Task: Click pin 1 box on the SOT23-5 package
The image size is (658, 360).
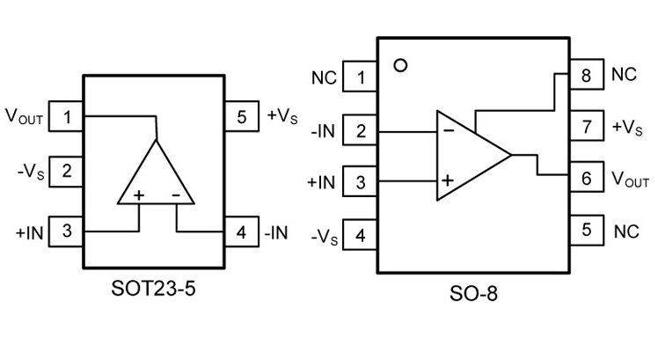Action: (67, 116)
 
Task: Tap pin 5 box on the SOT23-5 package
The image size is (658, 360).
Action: (242, 116)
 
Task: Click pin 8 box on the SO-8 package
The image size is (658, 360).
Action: (586, 76)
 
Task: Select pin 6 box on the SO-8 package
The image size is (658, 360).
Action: (586, 180)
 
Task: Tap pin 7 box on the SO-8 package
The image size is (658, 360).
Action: (586, 127)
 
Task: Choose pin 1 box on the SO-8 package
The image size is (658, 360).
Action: (361, 78)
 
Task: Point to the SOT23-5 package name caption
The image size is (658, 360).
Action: (153, 288)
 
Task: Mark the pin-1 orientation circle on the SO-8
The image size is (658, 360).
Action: (402, 65)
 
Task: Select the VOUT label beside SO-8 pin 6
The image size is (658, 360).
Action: (630, 180)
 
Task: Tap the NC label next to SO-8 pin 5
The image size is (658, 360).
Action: (625, 232)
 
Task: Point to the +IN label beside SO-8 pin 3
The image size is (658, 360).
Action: (321, 183)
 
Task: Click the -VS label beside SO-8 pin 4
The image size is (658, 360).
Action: (323, 236)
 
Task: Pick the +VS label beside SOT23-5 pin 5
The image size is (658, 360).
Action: (282, 116)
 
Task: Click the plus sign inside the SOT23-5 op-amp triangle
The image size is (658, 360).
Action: (138, 194)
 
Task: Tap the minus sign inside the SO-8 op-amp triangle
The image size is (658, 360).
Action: (449, 130)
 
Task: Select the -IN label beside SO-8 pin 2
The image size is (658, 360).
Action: (323, 131)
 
